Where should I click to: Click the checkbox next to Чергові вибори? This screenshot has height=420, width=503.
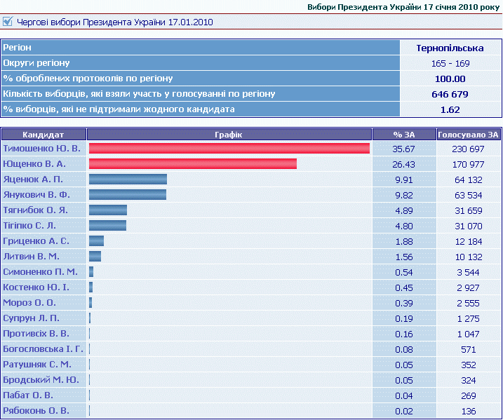pyautogui.click(x=8, y=22)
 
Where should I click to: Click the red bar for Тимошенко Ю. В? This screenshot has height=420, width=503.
pyautogui.click(x=229, y=149)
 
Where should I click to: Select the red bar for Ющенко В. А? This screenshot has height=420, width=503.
pyautogui.click(x=192, y=164)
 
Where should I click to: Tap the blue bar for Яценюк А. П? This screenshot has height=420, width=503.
pyautogui.click(x=128, y=179)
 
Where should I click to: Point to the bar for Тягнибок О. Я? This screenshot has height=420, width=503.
pyautogui.click(x=107, y=210)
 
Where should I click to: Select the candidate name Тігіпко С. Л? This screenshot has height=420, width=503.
pyautogui.click(x=29, y=226)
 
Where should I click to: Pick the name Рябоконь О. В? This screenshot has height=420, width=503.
pyautogui.click(x=36, y=411)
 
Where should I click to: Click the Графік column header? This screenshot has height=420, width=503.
pyautogui.click(x=229, y=134)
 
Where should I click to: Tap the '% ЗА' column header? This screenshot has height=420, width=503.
pyautogui.click(x=403, y=134)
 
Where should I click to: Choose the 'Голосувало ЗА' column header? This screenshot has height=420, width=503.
pyautogui.click(x=468, y=134)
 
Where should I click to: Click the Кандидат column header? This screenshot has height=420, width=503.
pyautogui.click(x=43, y=134)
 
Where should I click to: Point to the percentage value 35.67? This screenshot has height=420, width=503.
pyautogui.click(x=404, y=149)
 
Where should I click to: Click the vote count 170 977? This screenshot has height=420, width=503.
pyautogui.click(x=467, y=164)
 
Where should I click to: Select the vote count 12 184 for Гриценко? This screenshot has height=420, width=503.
pyautogui.click(x=468, y=241)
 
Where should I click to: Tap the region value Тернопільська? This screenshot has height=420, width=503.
pyautogui.click(x=450, y=48)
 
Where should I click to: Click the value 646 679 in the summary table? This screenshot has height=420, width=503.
pyautogui.click(x=450, y=94)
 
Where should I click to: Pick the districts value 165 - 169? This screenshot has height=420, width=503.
pyautogui.click(x=450, y=64)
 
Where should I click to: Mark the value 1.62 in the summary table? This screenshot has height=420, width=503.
pyautogui.click(x=450, y=109)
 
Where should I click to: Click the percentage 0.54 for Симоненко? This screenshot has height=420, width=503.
pyautogui.click(x=404, y=272)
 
